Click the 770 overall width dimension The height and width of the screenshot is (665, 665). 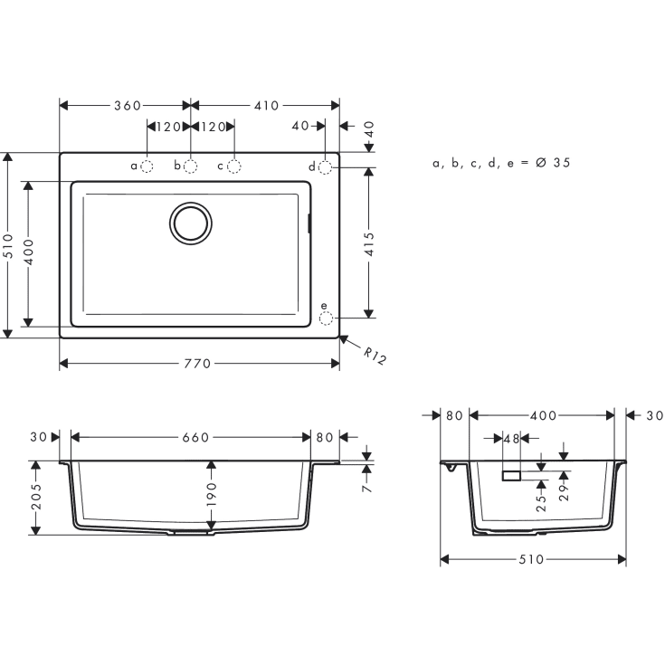[197, 364]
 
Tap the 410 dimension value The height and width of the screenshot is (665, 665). [266, 106]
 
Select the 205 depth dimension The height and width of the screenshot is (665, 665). [37, 498]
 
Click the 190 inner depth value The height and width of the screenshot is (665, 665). [212, 493]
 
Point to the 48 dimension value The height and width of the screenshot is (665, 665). [511, 438]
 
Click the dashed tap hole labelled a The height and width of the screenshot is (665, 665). [147, 166]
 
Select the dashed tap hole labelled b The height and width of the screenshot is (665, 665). [191, 166]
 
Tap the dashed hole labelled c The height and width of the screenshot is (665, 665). [233, 166]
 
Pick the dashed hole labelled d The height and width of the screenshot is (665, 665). [326, 166]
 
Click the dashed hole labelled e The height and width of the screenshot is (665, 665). [326, 318]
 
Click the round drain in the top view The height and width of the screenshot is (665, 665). [191, 222]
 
